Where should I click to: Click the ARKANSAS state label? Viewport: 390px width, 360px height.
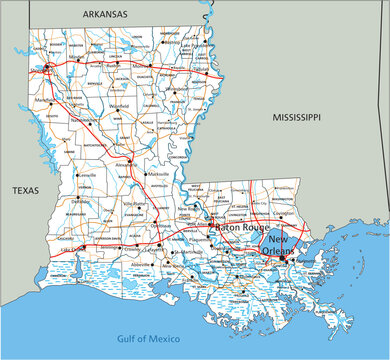point(105,15)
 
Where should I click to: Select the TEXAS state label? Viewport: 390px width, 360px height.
point(25,189)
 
